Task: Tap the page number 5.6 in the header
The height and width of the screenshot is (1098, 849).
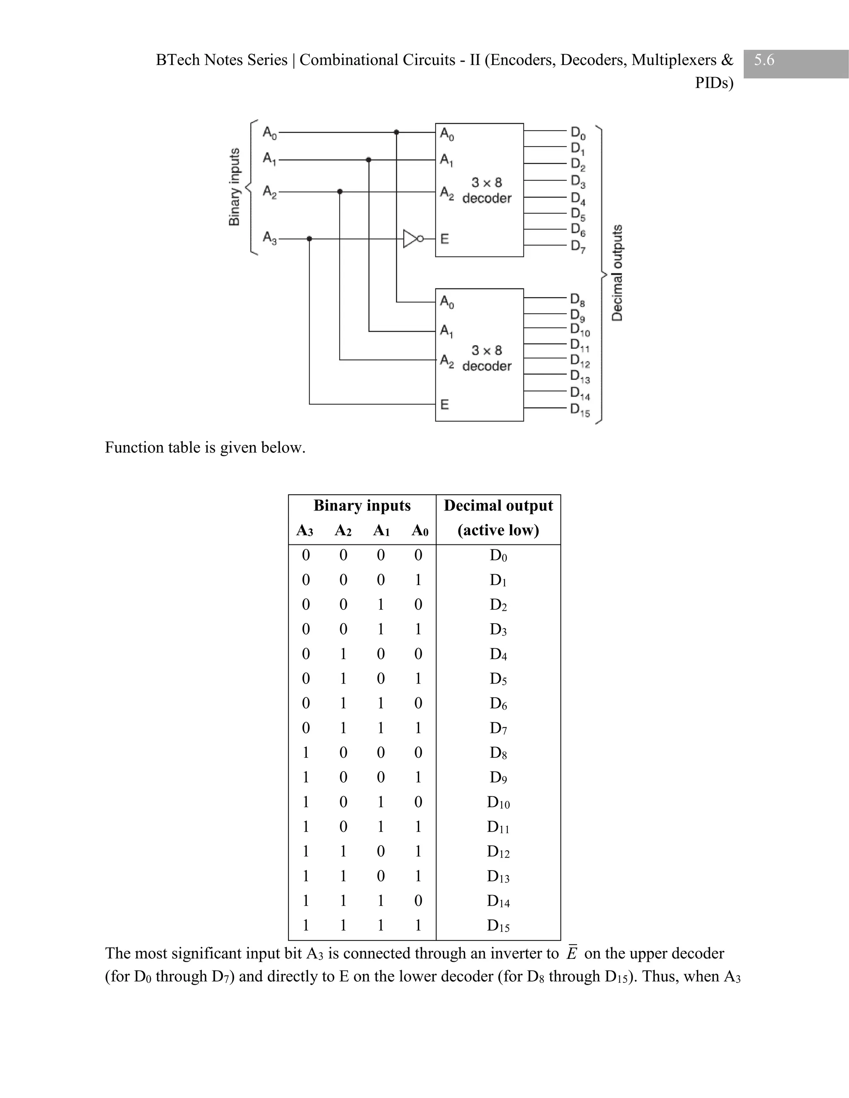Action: pyautogui.click(x=764, y=60)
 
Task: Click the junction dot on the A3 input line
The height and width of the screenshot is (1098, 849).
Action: pyautogui.click(x=309, y=239)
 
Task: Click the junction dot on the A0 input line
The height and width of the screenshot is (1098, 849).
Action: pyautogui.click(x=396, y=132)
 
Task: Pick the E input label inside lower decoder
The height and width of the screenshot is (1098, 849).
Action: pyautogui.click(x=445, y=405)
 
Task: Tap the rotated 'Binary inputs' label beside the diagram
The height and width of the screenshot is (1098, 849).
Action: pyautogui.click(x=234, y=187)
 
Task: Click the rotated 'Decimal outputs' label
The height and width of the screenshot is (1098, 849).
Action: pyautogui.click(x=617, y=273)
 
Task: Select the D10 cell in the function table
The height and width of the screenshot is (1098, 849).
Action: pyautogui.click(x=498, y=802)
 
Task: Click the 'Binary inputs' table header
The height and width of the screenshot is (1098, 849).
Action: pyautogui.click(x=362, y=505)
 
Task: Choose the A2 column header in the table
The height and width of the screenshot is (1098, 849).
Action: pyautogui.click(x=343, y=530)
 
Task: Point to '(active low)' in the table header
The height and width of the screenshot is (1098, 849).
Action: pyautogui.click(x=498, y=530)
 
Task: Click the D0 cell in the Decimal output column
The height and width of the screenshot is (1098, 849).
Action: pyautogui.click(x=498, y=556)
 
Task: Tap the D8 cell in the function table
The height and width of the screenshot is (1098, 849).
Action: pyautogui.click(x=498, y=752)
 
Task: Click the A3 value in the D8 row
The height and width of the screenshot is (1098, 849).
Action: pyautogui.click(x=305, y=752)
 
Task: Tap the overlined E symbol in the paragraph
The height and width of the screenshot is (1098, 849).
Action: pyautogui.click(x=571, y=953)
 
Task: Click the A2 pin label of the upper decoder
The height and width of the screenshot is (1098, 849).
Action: pyautogui.click(x=446, y=192)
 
